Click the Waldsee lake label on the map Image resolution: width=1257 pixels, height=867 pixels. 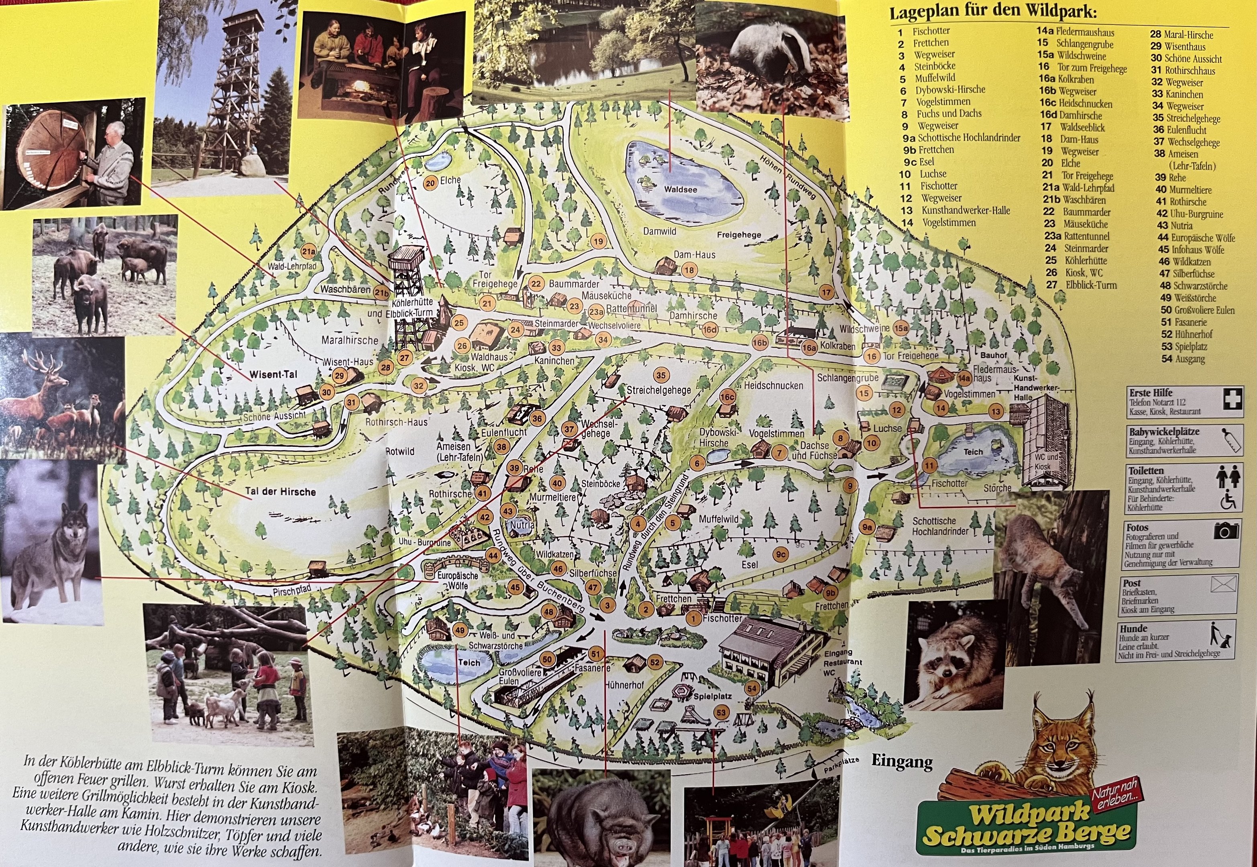[680, 189]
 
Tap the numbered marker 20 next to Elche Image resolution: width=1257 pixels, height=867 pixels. [430, 183]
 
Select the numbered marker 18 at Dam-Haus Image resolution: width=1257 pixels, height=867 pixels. [689, 270]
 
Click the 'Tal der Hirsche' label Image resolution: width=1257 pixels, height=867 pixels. [280, 492]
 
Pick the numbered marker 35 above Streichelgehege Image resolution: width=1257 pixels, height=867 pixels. [660, 375]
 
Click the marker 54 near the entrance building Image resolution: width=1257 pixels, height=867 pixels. [752, 689]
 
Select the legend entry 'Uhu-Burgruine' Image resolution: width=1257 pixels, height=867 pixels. [1190, 214]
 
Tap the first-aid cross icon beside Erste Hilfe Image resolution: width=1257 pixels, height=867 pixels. [1231, 400]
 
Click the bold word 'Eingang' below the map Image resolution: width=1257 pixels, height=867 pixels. [902, 761]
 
